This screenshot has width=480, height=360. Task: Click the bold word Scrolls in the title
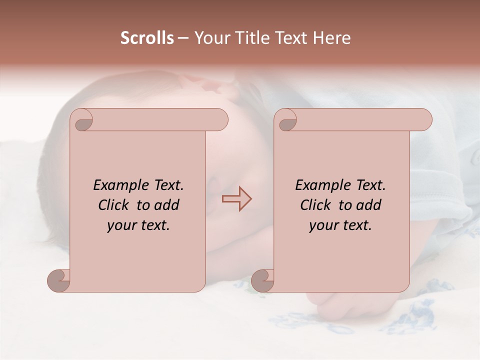pos(147,38)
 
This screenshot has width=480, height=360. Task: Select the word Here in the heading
pos(331,38)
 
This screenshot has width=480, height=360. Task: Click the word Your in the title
pos(210,38)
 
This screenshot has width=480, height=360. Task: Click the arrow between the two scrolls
pos(237,198)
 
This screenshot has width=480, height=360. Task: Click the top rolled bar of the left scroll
pos(155,120)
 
